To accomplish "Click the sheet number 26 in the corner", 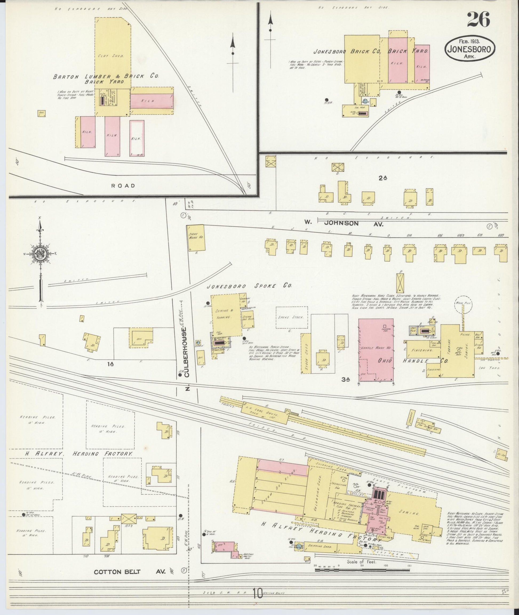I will coord(478,20).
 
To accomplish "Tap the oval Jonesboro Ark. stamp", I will coord(470,49).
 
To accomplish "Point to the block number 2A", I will coord(382,177).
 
